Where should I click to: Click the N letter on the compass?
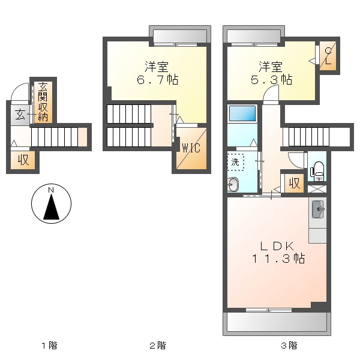coord(51,190)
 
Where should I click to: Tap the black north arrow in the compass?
coord(52,207)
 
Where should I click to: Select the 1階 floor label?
coord(49,346)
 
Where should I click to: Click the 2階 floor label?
coord(157,346)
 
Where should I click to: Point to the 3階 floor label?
coord(289,346)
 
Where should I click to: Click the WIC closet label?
coord(191,148)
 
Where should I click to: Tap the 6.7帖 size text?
coord(157,80)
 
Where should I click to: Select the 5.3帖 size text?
coord(271,80)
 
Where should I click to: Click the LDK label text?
coord(277,247)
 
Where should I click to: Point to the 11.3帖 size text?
coord(278,259)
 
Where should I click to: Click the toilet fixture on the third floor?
coord(317,172)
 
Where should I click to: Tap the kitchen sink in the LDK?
coord(318,209)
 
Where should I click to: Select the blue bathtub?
coord(242,113)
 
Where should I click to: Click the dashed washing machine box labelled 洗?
coord(236,163)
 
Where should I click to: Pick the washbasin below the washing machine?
coord(233,184)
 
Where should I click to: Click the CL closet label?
coord(328,56)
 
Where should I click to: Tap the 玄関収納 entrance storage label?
coord(43,101)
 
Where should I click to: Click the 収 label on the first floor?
coord(23,160)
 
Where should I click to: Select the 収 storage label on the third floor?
coord(295,183)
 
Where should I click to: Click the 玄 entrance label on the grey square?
coord(20,115)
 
